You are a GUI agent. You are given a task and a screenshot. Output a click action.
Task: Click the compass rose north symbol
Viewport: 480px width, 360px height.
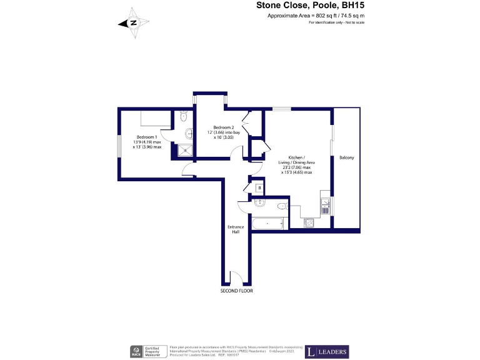tap(134, 23)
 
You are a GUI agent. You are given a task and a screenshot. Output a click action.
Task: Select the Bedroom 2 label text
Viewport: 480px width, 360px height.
tap(223, 127)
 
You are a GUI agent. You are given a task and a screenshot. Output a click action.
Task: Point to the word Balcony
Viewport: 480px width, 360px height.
tap(346, 158)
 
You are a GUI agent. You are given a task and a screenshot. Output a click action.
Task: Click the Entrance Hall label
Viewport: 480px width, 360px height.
tap(236, 229)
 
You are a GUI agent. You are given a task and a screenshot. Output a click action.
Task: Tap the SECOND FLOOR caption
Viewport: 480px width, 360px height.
tap(236, 291)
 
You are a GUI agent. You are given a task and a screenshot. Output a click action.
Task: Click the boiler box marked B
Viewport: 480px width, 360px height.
tap(259, 188)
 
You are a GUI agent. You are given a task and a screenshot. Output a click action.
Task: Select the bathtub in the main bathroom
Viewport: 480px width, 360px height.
tap(268, 222)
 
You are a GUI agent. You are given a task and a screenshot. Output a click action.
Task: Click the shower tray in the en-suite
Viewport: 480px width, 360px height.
tap(186, 149)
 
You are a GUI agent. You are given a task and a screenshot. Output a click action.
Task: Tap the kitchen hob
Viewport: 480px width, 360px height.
tap(309, 222)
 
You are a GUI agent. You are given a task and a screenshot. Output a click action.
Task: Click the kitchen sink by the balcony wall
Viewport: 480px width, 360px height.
tap(325, 204)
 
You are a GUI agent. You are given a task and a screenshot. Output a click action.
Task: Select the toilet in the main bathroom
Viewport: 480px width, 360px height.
tap(281, 206)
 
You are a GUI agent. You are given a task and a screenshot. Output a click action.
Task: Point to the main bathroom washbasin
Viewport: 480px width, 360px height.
tap(261, 203)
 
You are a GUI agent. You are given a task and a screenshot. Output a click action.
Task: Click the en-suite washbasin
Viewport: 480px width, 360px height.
tap(189, 132)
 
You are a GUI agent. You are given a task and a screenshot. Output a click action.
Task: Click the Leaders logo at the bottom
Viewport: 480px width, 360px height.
tap(327, 352)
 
